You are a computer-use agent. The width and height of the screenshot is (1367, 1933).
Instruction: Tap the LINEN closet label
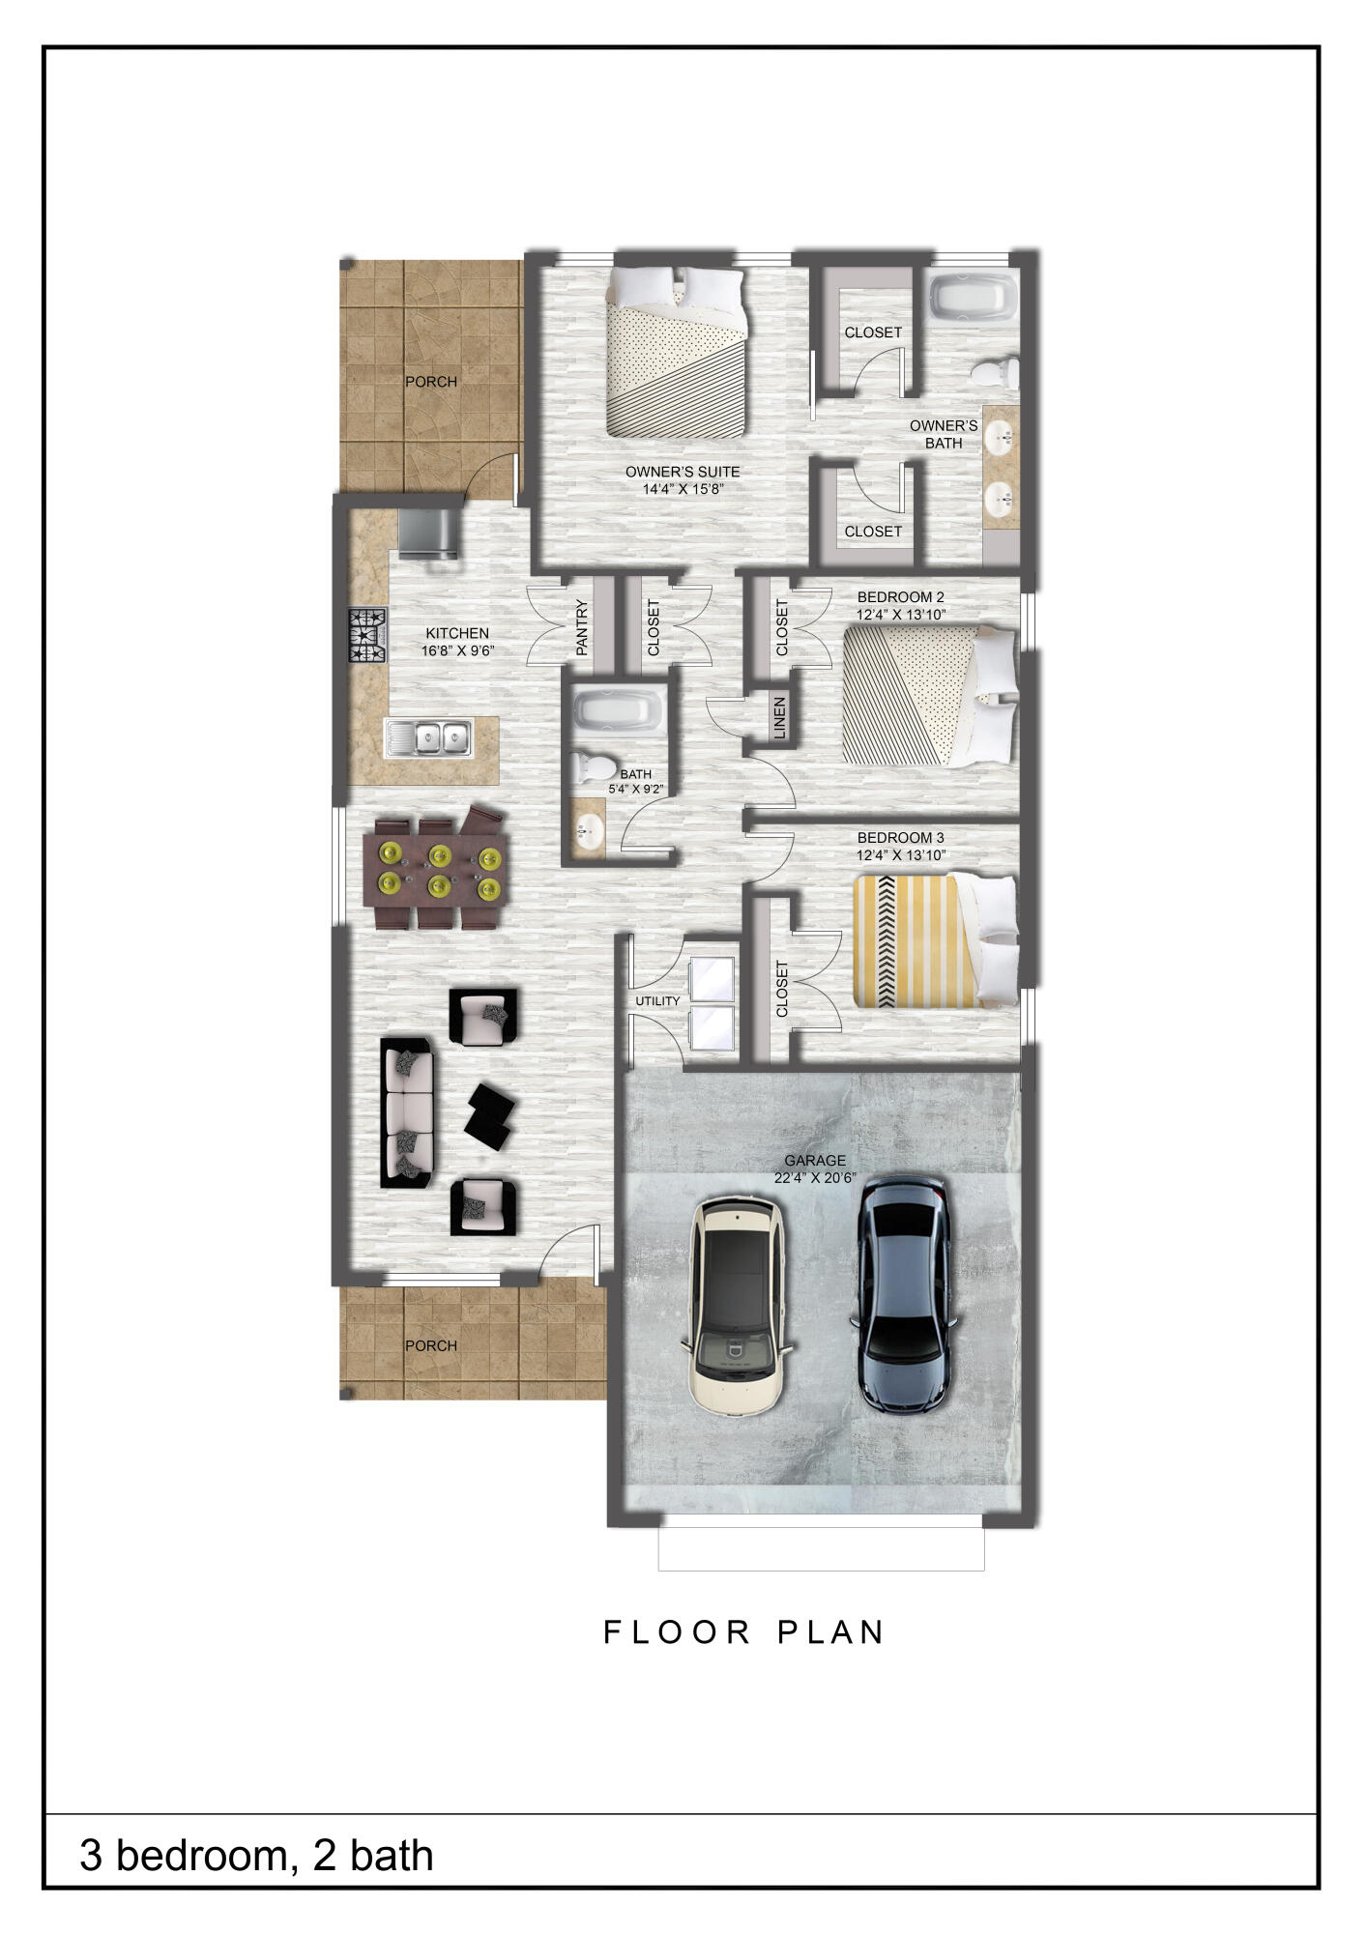(x=780, y=718)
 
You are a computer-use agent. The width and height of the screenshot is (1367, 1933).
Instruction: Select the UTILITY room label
(x=657, y=1001)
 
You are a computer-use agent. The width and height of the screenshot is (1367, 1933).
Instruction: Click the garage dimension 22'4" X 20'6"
(x=815, y=1178)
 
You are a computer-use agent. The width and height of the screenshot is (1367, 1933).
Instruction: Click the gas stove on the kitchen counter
(x=367, y=635)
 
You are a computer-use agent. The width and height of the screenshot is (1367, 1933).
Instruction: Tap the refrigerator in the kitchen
(x=427, y=534)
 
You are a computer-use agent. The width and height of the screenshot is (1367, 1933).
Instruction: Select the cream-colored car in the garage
(x=738, y=1306)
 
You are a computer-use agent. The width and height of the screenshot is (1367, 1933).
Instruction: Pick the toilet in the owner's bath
(x=994, y=372)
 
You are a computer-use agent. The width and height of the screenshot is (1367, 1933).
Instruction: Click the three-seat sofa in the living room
(x=407, y=1112)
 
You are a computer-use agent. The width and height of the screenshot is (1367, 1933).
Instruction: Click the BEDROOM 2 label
(x=900, y=597)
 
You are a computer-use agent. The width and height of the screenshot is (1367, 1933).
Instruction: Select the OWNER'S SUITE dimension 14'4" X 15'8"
(x=683, y=489)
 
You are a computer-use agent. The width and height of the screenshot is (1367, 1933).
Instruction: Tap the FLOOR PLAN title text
(x=743, y=1632)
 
